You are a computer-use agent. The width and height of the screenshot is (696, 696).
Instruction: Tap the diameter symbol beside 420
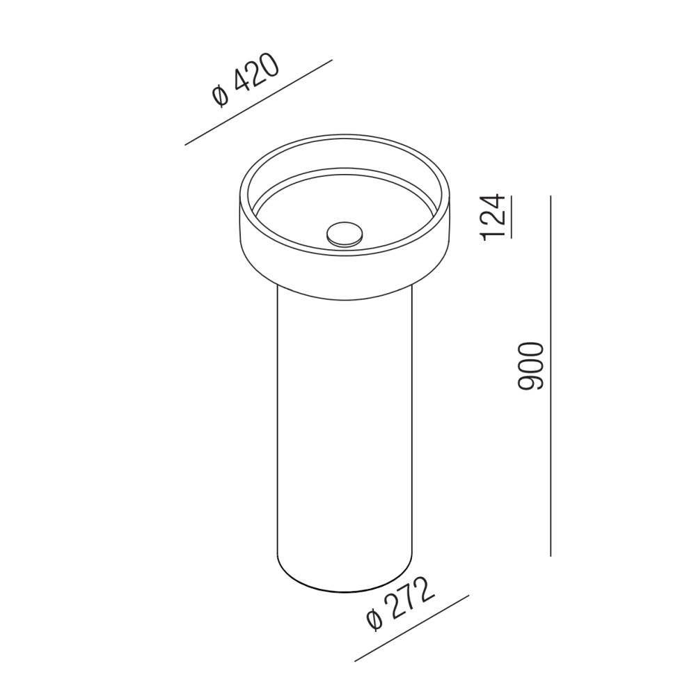[220, 96]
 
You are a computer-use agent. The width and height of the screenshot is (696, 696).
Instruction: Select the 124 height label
[492, 216]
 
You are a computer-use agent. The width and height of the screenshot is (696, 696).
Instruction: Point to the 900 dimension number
[531, 366]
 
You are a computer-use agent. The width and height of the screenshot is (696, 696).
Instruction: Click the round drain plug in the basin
[345, 234]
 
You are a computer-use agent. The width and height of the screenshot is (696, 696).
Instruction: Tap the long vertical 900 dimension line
[551, 376]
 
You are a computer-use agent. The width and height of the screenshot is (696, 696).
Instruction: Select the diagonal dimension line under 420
[258, 102]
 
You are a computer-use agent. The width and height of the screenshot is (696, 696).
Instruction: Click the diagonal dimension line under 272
[412, 628]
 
